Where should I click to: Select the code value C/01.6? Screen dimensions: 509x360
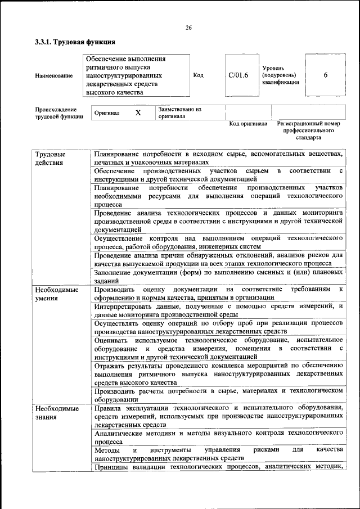(238, 75)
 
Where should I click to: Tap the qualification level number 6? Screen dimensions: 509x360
(326, 75)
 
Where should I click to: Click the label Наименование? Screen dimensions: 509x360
(53, 75)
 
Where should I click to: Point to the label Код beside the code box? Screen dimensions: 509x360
(198, 75)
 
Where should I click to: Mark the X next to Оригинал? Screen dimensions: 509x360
(138, 112)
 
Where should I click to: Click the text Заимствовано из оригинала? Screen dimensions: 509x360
(179, 112)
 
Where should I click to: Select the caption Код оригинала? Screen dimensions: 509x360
(248, 124)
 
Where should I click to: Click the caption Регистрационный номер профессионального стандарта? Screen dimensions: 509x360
(309, 130)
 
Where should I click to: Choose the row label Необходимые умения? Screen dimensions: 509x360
(56, 294)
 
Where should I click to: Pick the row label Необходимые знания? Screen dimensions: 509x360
(56, 413)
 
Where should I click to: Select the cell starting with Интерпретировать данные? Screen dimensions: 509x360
(218, 310)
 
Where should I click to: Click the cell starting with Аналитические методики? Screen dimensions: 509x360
(218, 437)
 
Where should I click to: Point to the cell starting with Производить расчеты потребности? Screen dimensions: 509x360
(218, 394)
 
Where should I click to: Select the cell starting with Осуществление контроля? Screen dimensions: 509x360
(218, 242)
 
